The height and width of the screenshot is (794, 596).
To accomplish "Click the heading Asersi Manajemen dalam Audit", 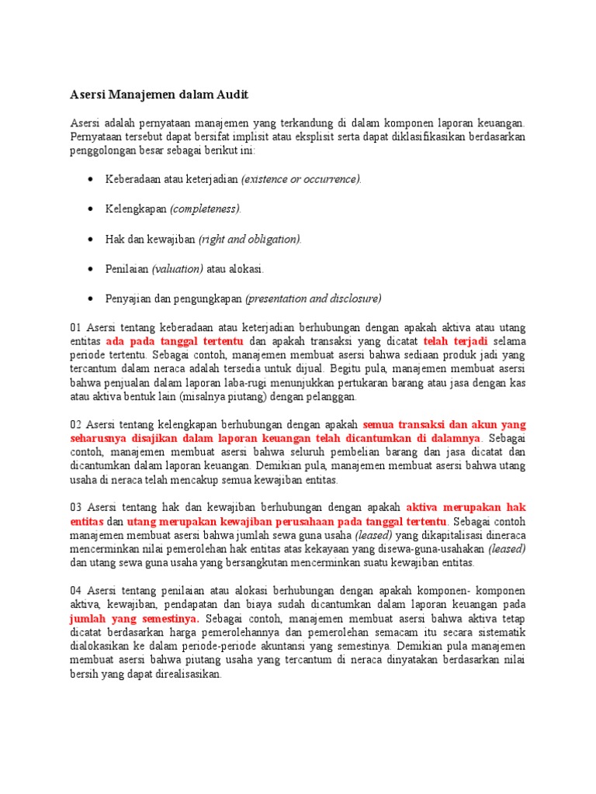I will click(160, 95).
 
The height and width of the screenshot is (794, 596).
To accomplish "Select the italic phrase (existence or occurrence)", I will click(301, 179).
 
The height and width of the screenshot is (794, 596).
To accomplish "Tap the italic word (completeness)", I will click(206, 209).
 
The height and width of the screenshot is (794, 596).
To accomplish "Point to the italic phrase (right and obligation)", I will click(250, 239).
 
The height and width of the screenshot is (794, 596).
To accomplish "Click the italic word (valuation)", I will click(178, 268).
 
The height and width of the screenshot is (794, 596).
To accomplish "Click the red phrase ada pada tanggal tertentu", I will click(175, 341).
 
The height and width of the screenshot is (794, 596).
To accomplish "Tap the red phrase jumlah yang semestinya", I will click(134, 619).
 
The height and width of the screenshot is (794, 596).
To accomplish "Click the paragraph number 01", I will click(77, 327).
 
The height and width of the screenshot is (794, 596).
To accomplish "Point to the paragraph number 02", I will click(77, 424).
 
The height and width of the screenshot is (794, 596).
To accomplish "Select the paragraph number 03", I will click(77, 506).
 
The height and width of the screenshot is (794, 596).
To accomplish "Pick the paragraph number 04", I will click(77, 590).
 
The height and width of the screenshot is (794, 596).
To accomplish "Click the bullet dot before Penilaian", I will click(90, 268).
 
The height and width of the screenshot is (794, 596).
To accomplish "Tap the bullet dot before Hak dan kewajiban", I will click(90, 239).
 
